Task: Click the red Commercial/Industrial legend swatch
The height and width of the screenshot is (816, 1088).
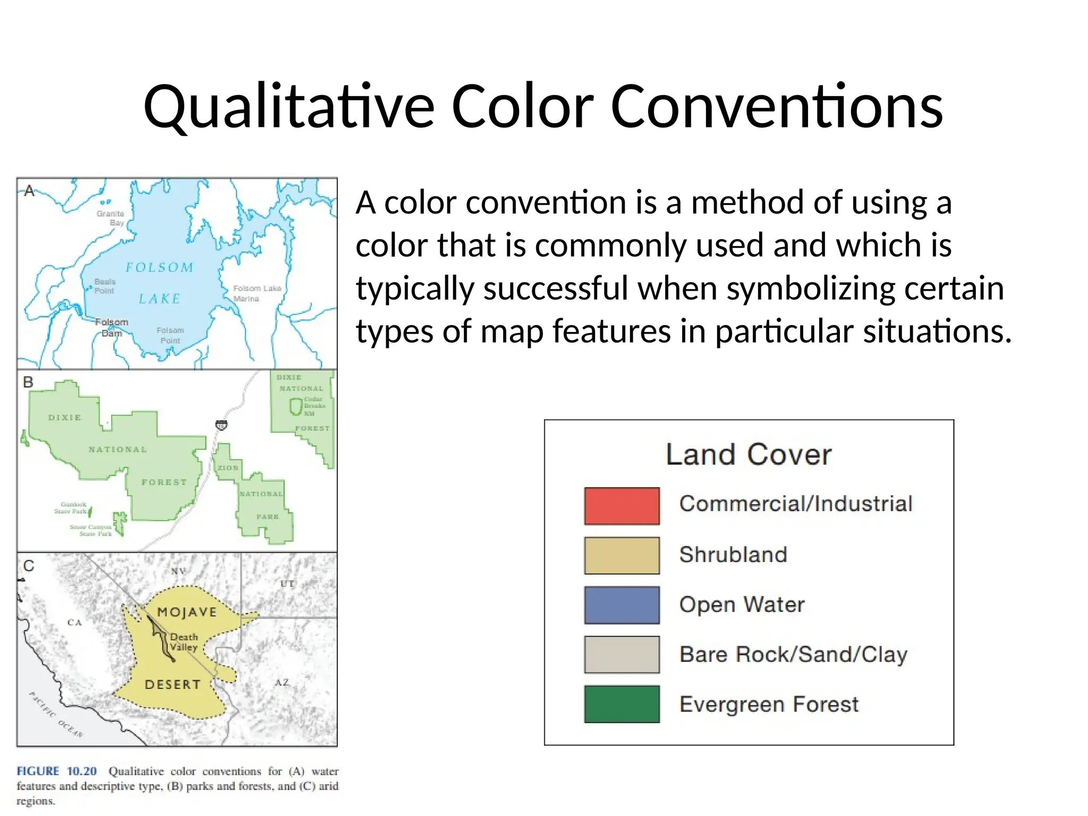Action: point(622,506)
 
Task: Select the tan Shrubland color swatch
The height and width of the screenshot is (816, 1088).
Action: point(622,555)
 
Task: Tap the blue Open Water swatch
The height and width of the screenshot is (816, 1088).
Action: point(622,605)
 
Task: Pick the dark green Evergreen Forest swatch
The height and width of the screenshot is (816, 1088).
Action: point(622,704)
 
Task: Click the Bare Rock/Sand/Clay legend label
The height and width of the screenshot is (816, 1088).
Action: point(793,654)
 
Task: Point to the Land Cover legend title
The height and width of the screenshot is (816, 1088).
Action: point(749,455)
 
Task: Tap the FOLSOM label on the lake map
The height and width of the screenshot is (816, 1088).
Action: point(159,267)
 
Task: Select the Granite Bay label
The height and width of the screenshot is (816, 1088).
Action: point(111,218)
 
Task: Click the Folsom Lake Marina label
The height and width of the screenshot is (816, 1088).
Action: point(257,293)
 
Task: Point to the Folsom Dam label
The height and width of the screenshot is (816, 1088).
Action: point(112,327)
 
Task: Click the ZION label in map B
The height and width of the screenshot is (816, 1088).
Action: point(228,468)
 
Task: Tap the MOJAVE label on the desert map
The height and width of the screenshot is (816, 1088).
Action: point(187,612)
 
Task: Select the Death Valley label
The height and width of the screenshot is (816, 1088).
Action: point(184,642)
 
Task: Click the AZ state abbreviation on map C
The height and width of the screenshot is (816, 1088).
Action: point(282,682)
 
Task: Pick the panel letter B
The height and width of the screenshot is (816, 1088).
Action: point(28,382)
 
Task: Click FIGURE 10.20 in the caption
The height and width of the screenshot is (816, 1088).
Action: point(56,771)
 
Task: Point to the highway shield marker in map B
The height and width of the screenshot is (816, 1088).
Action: point(222,425)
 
